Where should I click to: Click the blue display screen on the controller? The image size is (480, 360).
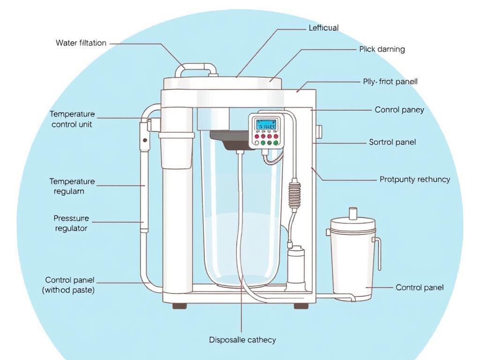(x=266, y=125)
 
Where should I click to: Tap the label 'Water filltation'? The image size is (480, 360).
(x=81, y=43)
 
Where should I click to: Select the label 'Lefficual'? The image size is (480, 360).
(x=323, y=28)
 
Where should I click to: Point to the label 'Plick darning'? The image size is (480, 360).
(x=382, y=49)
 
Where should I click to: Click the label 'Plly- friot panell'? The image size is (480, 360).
(x=390, y=82)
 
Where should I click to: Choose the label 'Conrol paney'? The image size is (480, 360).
(x=399, y=110)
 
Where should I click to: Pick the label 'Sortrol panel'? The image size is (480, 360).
(x=392, y=142)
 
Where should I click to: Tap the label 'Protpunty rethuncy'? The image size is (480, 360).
(x=415, y=180)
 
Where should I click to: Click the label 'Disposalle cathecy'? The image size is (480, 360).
(x=242, y=340)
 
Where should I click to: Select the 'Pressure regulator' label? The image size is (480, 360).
(x=71, y=224)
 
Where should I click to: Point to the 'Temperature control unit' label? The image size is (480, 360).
(x=72, y=120)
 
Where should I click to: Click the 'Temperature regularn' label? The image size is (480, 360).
(x=72, y=187)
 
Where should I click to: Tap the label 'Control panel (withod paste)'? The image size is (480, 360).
(x=69, y=285)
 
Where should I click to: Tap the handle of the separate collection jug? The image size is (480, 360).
(x=377, y=253)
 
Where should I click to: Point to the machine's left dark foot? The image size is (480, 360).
(x=179, y=306)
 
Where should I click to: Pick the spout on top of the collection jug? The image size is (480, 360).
(x=352, y=214)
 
